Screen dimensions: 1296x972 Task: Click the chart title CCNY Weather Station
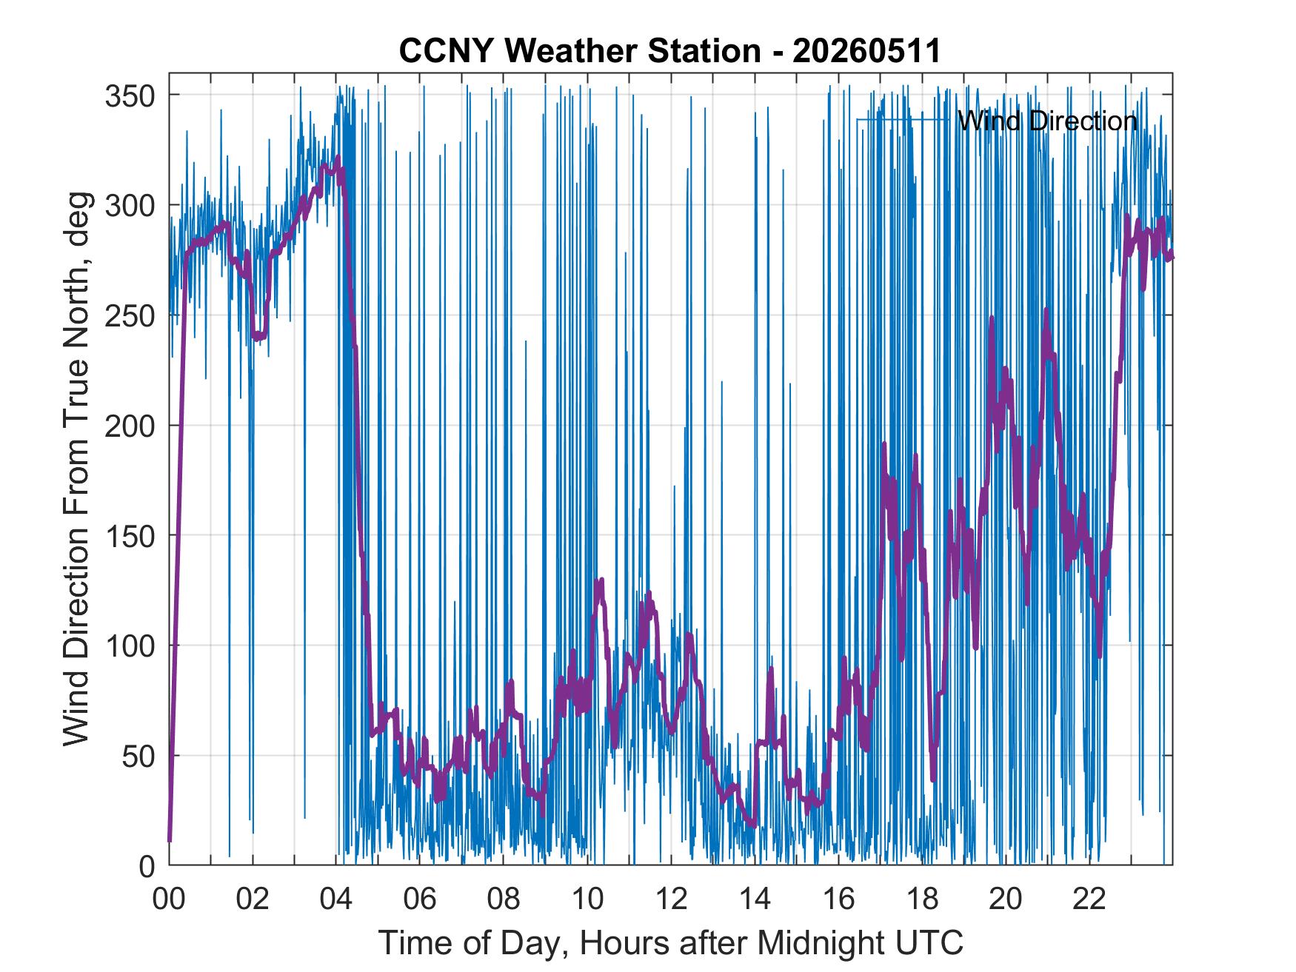coord(580,51)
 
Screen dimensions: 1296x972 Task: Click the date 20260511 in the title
coord(866,51)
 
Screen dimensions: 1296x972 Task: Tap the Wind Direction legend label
coord(1047,120)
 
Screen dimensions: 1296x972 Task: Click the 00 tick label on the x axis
coord(169,899)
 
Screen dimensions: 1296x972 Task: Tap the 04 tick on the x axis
coord(336,899)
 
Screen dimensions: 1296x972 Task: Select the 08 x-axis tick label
coord(504,899)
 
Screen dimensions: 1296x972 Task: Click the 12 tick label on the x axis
coord(671,899)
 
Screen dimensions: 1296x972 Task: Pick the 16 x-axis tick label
coord(838,899)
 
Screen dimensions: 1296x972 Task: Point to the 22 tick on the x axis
coord(1089,899)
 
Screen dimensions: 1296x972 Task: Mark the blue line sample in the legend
coord(903,119)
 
